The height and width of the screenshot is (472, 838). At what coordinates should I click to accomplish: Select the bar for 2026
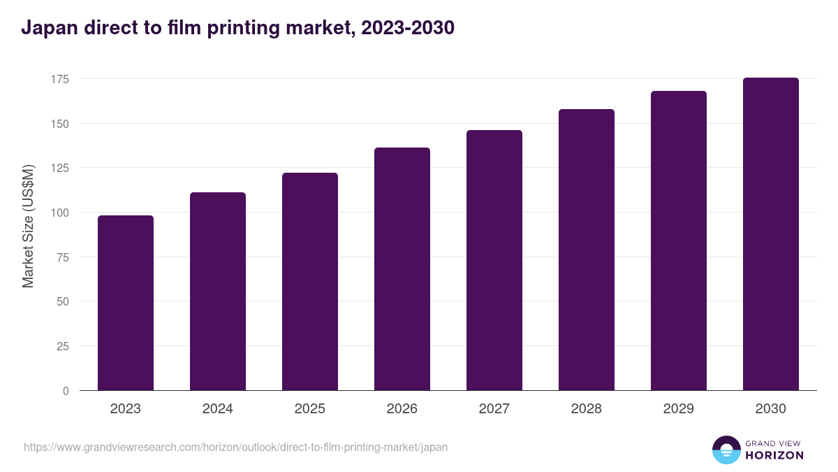(x=402, y=269)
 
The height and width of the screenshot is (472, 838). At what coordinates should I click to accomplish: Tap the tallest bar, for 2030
(x=770, y=234)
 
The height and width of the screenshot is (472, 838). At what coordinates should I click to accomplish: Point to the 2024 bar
(x=218, y=292)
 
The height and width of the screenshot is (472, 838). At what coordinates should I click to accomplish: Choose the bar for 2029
(x=679, y=241)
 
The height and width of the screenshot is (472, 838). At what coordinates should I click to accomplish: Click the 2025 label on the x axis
(x=310, y=409)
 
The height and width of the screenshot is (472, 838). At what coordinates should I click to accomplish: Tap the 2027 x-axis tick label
(x=494, y=409)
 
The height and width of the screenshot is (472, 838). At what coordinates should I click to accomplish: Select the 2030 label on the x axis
(x=770, y=409)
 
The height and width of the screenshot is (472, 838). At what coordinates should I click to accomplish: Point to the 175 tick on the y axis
(x=59, y=79)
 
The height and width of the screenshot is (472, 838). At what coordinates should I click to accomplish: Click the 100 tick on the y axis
(x=59, y=213)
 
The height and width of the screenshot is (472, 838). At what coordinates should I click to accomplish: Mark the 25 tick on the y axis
(x=62, y=346)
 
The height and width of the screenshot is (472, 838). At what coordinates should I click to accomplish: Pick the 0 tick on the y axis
(x=66, y=391)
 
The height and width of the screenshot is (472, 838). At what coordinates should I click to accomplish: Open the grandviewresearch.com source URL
(x=236, y=447)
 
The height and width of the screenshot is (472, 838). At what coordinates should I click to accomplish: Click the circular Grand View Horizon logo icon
(x=726, y=450)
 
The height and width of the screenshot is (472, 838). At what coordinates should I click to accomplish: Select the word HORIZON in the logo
(x=775, y=455)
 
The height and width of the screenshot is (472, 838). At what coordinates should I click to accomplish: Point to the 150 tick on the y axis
(x=59, y=124)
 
